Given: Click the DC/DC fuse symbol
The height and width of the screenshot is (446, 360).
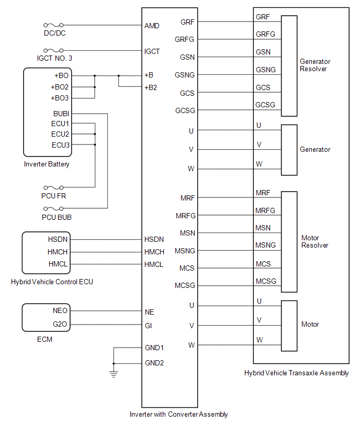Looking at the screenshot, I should (x=54, y=25).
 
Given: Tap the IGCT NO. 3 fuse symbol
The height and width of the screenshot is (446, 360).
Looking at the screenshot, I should (x=54, y=51).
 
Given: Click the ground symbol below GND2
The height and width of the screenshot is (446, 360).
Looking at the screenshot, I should (x=114, y=373).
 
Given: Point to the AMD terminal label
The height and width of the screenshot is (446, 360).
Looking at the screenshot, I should (x=152, y=26).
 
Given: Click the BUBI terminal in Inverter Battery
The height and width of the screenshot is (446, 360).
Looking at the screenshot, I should (x=61, y=114).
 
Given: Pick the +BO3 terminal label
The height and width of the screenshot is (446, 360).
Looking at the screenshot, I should (x=60, y=98).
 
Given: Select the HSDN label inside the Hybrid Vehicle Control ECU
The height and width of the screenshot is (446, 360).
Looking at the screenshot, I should (x=58, y=240).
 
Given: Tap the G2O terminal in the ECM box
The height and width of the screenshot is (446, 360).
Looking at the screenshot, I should (x=60, y=325).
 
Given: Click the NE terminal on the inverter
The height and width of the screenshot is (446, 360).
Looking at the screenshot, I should (x=150, y=312).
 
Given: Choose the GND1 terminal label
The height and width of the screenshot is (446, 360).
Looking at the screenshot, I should (x=154, y=348).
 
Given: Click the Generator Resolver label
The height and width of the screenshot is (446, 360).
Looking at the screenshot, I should (x=315, y=65).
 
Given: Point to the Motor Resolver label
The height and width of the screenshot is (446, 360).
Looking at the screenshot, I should (x=315, y=241).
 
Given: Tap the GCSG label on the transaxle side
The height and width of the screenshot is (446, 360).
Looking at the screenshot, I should (x=265, y=105).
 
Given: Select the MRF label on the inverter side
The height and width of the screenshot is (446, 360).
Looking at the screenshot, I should (x=187, y=198).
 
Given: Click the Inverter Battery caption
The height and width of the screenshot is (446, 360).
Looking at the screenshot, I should (x=47, y=164).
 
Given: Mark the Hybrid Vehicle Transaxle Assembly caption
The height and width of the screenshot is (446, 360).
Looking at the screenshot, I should (x=296, y=373).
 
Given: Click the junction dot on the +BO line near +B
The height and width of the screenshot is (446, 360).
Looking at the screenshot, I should (x=119, y=76).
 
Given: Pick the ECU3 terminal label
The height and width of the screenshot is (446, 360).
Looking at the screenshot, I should (x=60, y=145).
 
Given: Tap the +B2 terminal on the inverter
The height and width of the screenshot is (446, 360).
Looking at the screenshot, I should (x=151, y=87).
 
